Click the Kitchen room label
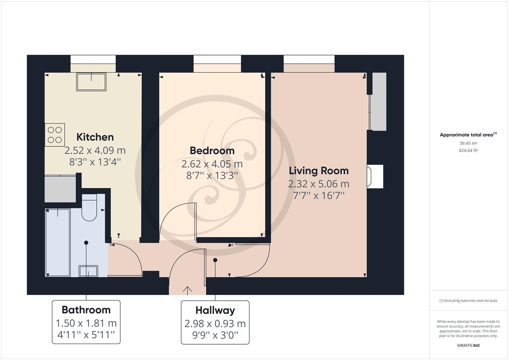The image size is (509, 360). (x=95, y=137)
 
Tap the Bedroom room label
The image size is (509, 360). (x=212, y=151)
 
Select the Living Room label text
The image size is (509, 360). (x=318, y=171)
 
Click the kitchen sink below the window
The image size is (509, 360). (x=91, y=82)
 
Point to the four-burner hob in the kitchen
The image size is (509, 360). (x=55, y=135)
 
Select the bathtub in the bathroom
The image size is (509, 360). (x=58, y=242)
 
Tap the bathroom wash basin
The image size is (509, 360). (x=88, y=271)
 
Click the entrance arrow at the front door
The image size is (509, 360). (x=187, y=290)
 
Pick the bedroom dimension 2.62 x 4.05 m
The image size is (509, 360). (x=212, y=164)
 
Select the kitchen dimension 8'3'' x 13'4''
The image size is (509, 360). (x=95, y=162)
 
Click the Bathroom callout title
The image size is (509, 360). (x=86, y=310)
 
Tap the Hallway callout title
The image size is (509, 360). (x=215, y=310)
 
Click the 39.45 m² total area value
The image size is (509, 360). (x=468, y=143)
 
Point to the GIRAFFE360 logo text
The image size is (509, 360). (x=468, y=345)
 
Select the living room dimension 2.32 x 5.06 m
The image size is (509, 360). (x=318, y=184)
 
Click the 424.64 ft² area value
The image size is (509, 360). (x=468, y=150)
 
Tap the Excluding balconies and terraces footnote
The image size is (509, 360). (x=468, y=301)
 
